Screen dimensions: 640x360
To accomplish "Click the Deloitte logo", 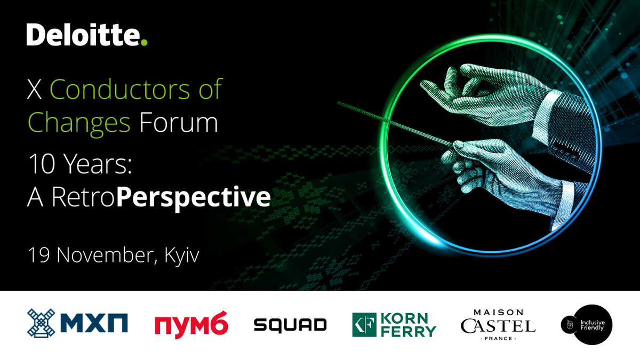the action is [x=87, y=35].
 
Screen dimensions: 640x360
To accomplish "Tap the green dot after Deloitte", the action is [x=145, y=43].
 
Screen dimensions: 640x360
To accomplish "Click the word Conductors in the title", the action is [x=119, y=89].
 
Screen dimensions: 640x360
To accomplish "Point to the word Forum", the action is [x=179, y=122].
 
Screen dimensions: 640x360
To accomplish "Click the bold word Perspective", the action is [x=194, y=198].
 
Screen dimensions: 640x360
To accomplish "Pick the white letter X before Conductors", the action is [x=34, y=89].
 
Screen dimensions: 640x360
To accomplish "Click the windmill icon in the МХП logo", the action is [x=41, y=323].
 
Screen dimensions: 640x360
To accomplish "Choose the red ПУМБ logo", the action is [x=191, y=325].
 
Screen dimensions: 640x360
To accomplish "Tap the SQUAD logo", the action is [x=290, y=325].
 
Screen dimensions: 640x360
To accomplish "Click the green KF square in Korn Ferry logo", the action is [x=364, y=325].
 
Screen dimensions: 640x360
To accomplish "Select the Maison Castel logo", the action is [x=498, y=325].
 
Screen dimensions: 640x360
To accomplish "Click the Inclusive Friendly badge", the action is [x=587, y=325].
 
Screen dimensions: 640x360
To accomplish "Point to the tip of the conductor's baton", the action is [x=338, y=103].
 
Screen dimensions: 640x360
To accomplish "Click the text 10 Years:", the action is [x=80, y=163].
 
